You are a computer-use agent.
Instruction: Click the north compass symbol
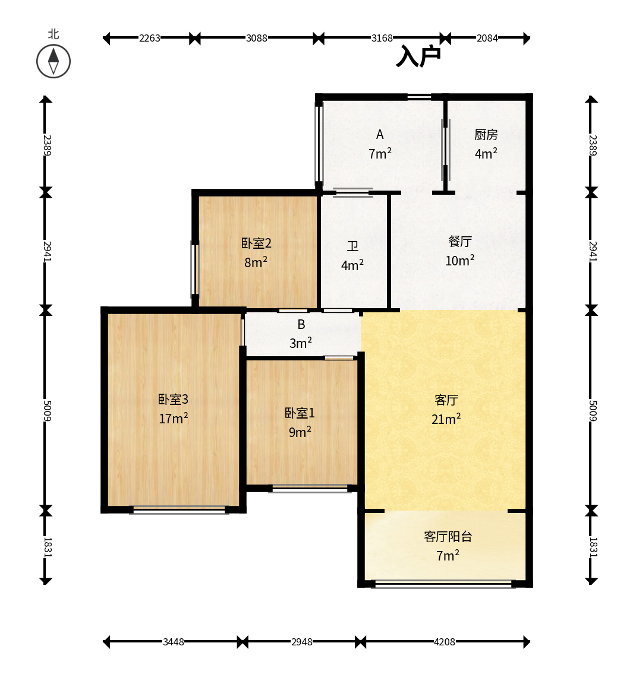point(53,61)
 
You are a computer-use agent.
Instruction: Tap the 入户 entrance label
point(418,56)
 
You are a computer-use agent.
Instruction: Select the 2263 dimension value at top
point(150,38)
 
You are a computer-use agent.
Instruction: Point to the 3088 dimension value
point(257,38)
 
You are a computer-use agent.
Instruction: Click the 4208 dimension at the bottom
point(445,641)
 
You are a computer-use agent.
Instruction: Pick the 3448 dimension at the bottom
point(174,641)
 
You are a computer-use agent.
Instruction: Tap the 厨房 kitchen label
point(486,135)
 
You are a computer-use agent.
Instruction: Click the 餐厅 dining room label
point(460,241)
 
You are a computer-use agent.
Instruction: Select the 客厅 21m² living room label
point(446,409)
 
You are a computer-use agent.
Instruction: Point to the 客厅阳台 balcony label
point(448,536)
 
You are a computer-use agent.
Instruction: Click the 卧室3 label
point(173,399)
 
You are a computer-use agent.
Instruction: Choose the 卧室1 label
point(300,413)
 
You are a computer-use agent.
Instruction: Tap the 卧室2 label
point(256,243)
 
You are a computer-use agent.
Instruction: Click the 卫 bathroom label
point(352,246)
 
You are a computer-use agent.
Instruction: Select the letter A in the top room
point(380,135)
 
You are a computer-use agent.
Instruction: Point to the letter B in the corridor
point(301,324)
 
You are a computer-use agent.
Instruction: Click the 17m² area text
point(174,418)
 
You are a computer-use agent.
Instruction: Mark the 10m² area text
point(460,260)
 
